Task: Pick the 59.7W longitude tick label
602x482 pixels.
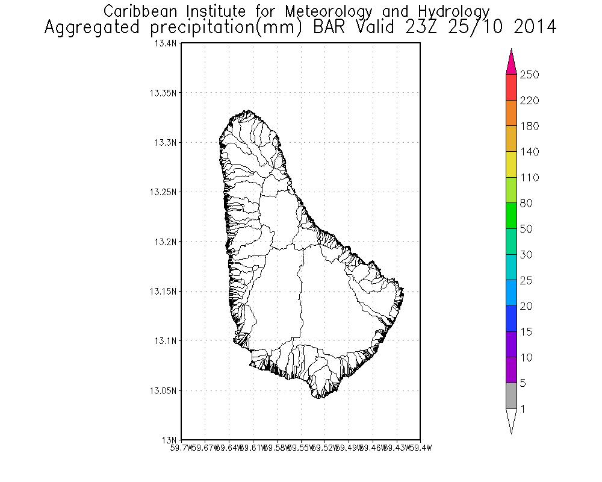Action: pyautogui.click(x=181, y=447)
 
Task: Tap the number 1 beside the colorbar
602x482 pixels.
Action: pyautogui.click(x=523, y=409)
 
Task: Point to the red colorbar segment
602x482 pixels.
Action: pyautogui.click(x=511, y=87)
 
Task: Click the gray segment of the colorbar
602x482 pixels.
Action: pyautogui.click(x=511, y=396)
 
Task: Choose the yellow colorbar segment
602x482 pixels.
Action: pyautogui.click(x=511, y=164)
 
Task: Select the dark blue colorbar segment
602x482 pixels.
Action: pyautogui.click(x=511, y=319)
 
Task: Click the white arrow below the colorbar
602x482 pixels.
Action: pyautogui.click(x=511, y=420)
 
